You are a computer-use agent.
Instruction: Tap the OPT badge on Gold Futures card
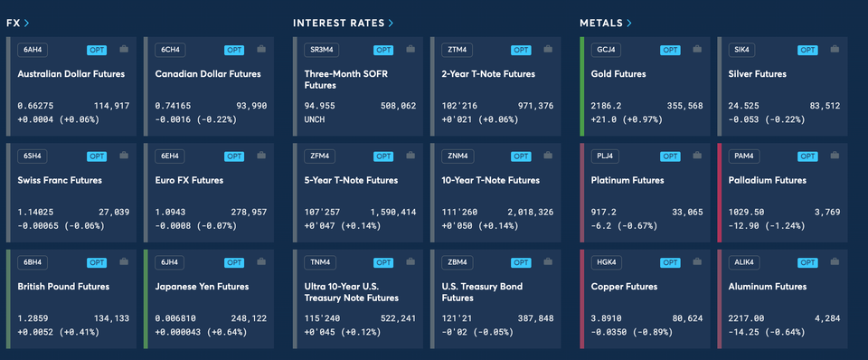[669, 50]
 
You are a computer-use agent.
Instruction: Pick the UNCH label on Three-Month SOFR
[316, 118]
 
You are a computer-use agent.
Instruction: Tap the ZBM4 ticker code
[459, 262]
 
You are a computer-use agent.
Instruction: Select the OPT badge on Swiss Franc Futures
[96, 156]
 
